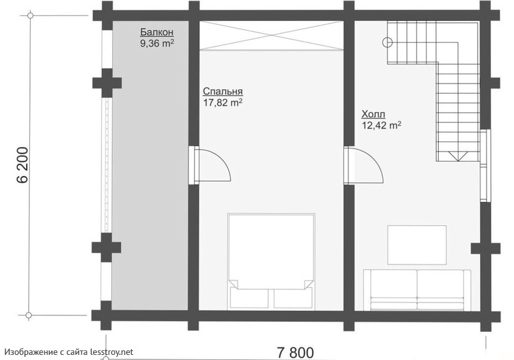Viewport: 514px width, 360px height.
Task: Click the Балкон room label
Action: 157,32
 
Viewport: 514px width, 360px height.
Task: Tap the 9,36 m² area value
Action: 157,43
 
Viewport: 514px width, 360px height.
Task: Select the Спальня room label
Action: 223,92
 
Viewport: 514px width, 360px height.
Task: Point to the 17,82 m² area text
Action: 223,103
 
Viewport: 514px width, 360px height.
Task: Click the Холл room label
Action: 373,114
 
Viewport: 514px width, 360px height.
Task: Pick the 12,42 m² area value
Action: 382,126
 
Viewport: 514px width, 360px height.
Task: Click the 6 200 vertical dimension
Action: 22,165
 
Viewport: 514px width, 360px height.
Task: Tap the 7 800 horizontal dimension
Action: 296,353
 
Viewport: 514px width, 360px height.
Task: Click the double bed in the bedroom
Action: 271,261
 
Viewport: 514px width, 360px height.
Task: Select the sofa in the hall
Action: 417,290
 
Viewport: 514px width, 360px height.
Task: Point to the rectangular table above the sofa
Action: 417,245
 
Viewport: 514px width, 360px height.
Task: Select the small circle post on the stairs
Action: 388,42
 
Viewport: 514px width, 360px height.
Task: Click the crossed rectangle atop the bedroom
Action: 271,36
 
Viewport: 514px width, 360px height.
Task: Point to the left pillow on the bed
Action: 249,298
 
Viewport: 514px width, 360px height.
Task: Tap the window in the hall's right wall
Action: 485,166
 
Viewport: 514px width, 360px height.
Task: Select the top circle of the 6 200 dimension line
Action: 31,15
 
